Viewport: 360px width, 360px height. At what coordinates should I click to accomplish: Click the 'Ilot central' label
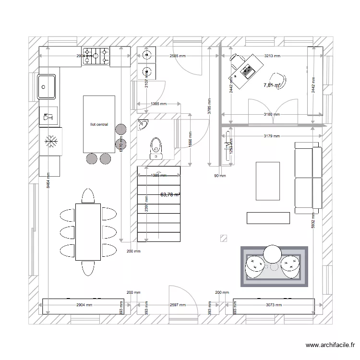click(99, 124)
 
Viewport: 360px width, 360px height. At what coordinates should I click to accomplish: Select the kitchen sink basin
click(47, 87)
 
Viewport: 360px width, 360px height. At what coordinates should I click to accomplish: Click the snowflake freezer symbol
click(50, 141)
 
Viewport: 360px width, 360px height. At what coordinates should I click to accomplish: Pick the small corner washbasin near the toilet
click(143, 126)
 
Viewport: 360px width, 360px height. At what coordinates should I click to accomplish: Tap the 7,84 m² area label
click(272, 85)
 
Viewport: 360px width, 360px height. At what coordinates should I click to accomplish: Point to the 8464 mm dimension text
click(48, 180)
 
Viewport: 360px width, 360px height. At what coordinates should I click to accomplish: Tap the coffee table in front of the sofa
click(268, 181)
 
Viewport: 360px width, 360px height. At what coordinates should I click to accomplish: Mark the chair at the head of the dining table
click(88, 196)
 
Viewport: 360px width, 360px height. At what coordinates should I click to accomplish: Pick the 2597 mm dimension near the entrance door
click(178, 305)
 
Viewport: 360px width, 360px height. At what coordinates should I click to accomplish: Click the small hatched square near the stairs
click(223, 238)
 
